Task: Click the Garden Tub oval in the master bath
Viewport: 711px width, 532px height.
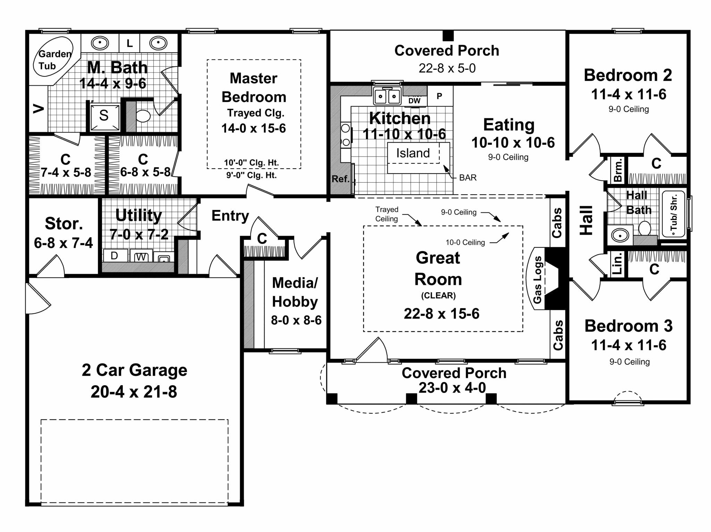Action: pos(53,59)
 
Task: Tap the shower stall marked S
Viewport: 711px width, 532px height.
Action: pos(104,116)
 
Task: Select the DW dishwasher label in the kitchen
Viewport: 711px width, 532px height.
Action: pos(414,101)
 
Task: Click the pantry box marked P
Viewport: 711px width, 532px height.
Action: pos(440,96)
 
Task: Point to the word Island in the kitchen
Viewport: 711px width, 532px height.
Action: pos(413,153)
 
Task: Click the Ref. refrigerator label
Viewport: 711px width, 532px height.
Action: pos(340,179)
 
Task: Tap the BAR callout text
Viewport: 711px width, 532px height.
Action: pos(468,178)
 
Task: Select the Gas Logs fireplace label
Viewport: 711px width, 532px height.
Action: pos(537,279)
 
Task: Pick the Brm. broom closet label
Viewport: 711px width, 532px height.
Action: pos(618,170)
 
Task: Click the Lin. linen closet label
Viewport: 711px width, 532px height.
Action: pos(618,263)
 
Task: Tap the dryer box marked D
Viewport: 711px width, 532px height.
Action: pos(115,256)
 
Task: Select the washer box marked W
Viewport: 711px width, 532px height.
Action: pos(141,257)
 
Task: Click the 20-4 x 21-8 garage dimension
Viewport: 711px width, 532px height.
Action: pos(134,392)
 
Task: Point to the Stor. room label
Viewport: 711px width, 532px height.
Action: pos(64,224)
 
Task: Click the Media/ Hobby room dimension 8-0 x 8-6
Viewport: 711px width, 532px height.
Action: pos(296,320)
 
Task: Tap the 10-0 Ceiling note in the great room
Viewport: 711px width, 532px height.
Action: pos(465,243)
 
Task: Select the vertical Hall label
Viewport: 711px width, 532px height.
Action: pos(586,220)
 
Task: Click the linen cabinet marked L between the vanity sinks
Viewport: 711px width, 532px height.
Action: pos(129,43)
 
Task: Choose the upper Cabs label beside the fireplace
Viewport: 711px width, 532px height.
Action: pos(557,223)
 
